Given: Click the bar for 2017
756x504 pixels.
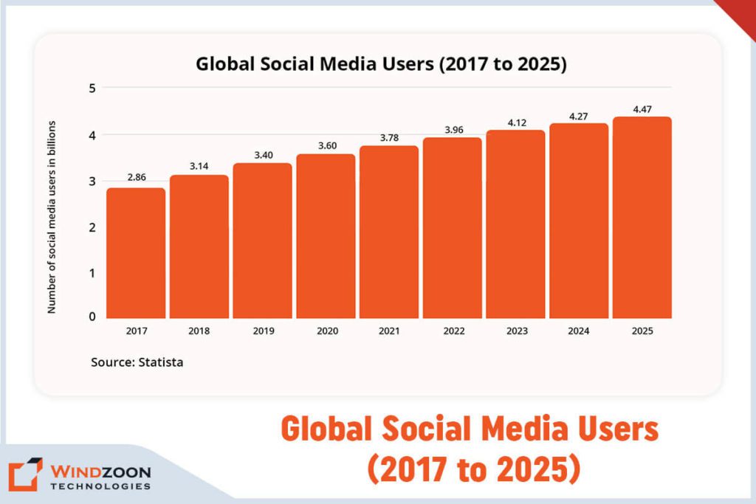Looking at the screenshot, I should click(x=136, y=253).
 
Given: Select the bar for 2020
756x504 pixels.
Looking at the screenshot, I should click(x=326, y=236).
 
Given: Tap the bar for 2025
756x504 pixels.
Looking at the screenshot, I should click(x=642, y=218).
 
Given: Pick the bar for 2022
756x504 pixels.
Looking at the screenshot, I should click(x=453, y=228).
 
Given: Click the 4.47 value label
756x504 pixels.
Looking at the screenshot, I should click(x=642, y=109).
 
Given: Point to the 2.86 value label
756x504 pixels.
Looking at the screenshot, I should click(x=136, y=179).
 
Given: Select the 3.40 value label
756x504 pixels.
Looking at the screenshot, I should click(x=262, y=155).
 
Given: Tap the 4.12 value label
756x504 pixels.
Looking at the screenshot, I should click(x=516, y=122).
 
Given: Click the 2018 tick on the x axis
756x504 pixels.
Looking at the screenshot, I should click(x=199, y=331).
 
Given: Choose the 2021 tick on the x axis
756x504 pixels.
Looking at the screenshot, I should click(x=389, y=331).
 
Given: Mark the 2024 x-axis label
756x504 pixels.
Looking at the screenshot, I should click(x=580, y=331).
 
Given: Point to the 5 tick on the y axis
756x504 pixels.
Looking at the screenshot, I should click(x=92, y=88).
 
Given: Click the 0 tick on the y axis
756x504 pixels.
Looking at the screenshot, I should click(x=92, y=317).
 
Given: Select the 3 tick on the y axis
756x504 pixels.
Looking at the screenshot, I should click(x=92, y=181).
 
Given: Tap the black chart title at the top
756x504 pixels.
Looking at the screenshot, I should click(x=380, y=64).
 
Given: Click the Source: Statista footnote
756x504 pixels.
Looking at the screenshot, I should click(x=137, y=362).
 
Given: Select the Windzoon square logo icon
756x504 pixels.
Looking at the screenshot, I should click(x=26, y=474).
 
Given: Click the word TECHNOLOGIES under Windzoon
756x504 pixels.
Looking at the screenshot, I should click(x=100, y=486).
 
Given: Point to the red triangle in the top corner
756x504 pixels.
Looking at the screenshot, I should click(x=740, y=13).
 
